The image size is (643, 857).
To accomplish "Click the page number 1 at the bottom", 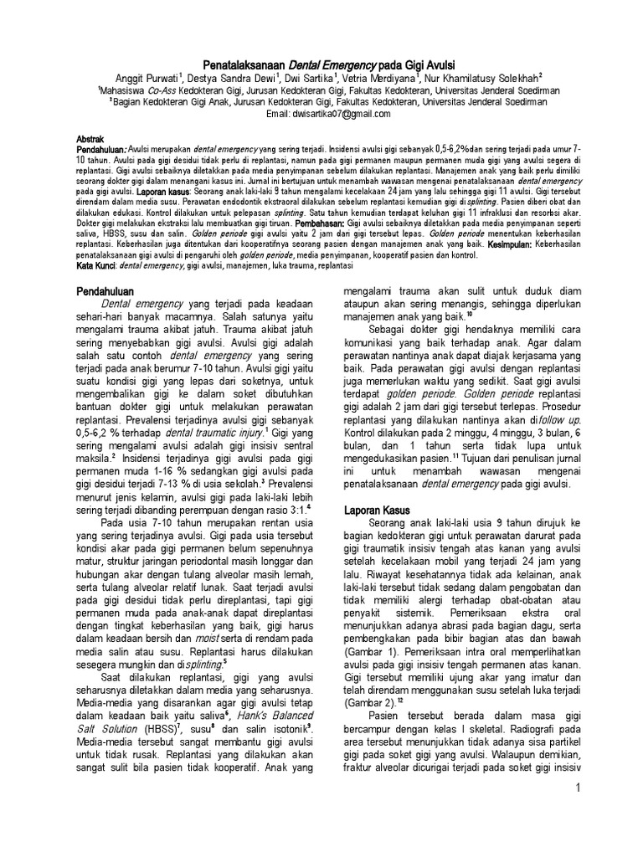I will pos(578,791).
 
